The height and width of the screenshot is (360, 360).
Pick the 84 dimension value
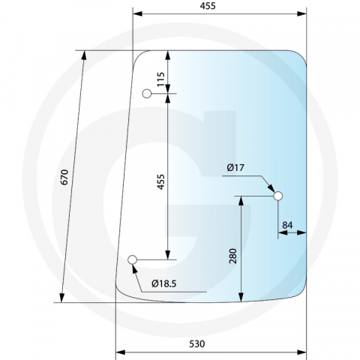288,224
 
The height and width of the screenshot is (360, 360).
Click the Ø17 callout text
235,169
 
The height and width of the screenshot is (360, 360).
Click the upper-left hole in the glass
147,94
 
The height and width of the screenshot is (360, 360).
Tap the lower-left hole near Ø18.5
133,260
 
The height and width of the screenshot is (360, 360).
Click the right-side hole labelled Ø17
278,196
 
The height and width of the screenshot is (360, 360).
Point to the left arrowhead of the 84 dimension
281,234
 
